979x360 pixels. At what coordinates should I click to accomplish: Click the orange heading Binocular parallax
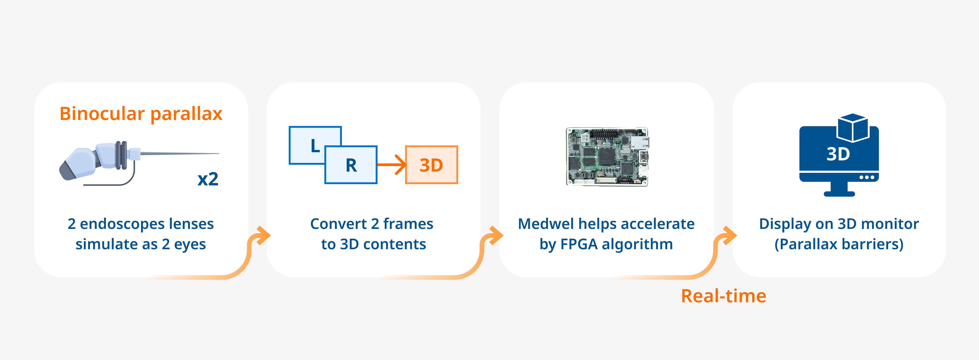click(141, 114)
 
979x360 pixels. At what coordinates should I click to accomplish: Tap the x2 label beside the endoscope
click(208, 179)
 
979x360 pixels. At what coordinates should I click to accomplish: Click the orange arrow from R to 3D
click(391, 165)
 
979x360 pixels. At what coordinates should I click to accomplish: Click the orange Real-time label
click(723, 296)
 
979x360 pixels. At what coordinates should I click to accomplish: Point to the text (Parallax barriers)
click(839, 244)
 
